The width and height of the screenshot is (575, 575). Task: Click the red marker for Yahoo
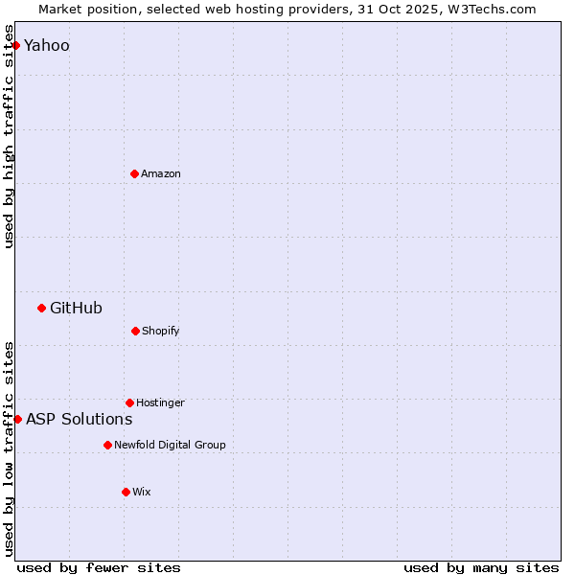(15, 45)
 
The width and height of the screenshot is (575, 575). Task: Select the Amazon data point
(134, 173)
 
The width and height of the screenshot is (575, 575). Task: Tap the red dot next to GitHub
(41, 308)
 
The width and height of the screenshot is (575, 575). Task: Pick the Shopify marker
(135, 331)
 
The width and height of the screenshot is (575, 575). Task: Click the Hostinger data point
(129, 402)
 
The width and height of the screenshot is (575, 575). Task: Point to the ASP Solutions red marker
(17, 419)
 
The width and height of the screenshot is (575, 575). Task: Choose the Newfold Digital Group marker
(107, 445)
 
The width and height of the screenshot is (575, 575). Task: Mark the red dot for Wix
(126, 492)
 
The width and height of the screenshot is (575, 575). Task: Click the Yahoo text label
(47, 46)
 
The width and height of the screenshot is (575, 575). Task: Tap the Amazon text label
(161, 173)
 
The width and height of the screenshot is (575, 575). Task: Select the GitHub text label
(76, 308)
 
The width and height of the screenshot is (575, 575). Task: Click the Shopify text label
(161, 331)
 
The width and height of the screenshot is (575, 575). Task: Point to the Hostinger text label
(160, 402)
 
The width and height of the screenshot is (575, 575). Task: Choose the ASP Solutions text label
(80, 419)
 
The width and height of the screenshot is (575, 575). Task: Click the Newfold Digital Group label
(170, 445)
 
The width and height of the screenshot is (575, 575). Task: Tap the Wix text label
(142, 492)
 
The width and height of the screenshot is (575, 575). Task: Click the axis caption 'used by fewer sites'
(99, 568)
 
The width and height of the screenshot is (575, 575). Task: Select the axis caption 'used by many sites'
(481, 568)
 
